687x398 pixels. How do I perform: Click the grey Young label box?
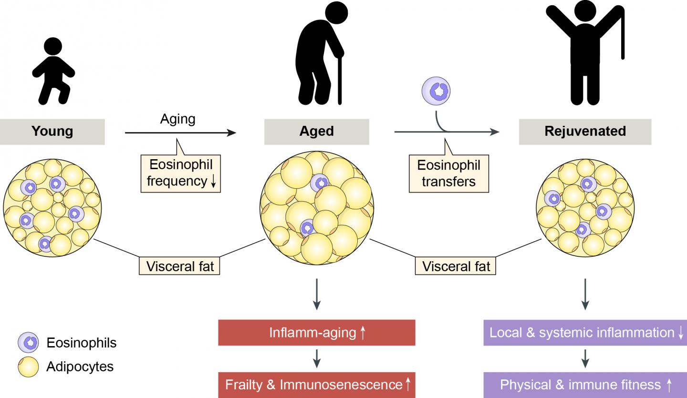pos(53,131)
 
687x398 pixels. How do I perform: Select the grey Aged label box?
pos(317,131)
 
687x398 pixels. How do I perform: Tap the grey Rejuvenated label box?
pos(585,131)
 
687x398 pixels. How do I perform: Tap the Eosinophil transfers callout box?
pos(448,173)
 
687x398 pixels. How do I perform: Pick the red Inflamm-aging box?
pos(317,333)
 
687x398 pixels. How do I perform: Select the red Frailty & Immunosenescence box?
pos(317,384)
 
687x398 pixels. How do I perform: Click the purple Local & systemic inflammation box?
pos(585,333)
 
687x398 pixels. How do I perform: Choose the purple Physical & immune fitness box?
pos(585,384)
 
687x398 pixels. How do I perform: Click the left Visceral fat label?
pos(179,266)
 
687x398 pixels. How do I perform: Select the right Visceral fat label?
pos(457,266)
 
